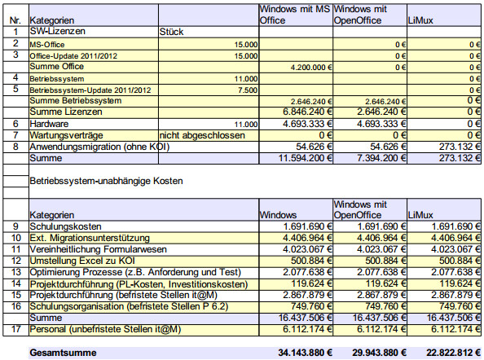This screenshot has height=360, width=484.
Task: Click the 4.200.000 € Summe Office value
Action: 311,68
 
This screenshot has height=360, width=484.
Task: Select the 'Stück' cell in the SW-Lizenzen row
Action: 171,32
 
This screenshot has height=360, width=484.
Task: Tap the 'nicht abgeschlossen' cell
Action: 202,135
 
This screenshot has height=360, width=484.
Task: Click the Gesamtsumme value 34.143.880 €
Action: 305,353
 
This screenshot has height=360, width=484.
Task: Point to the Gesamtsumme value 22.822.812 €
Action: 453,353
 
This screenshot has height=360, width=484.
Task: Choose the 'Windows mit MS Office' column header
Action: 295,15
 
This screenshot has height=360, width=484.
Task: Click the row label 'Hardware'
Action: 49,124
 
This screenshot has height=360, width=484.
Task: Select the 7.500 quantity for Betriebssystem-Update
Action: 248,90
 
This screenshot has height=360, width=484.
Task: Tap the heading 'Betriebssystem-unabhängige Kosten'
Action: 106,181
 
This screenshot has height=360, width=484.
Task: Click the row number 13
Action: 16,272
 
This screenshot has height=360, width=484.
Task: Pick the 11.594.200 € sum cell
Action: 306,158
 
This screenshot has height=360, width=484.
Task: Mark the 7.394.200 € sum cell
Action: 381,158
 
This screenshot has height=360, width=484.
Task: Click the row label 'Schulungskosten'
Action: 65,226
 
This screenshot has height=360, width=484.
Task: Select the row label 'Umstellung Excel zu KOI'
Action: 82,261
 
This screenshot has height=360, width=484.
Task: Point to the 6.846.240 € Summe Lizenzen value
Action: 307,112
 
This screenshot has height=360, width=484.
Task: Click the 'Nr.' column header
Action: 15,20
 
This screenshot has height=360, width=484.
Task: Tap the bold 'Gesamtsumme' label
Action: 64,353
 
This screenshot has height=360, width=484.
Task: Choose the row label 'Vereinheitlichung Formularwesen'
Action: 98,249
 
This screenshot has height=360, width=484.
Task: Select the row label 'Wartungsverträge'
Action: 66,135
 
